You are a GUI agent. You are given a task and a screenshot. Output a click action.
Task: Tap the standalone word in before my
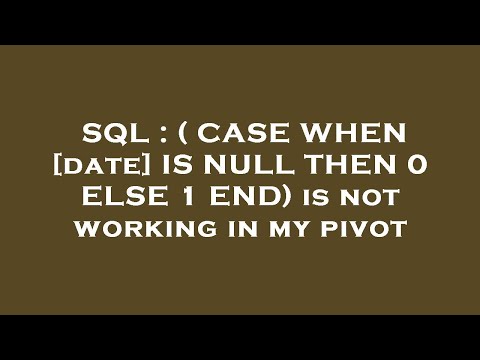point(220,229)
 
